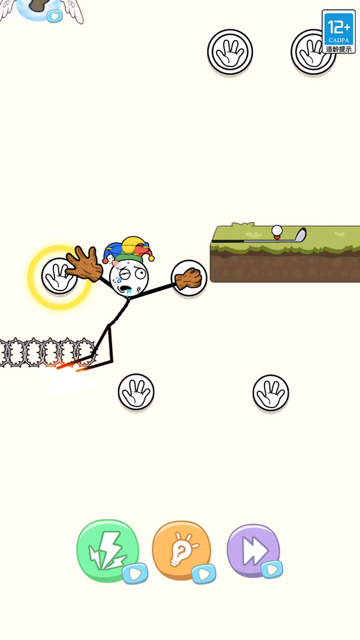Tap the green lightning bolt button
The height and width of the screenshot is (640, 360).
[107, 550]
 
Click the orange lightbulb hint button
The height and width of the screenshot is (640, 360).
[181, 551]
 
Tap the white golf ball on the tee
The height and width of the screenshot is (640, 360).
[277, 231]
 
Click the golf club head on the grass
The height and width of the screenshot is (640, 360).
[300, 235]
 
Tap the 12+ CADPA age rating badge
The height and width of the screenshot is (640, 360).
[338, 31]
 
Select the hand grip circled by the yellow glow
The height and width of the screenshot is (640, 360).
[59, 276]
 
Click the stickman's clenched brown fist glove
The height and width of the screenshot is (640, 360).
[188, 279]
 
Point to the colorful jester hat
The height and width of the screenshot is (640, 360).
[128, 249]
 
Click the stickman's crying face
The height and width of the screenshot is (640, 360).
[129, 277]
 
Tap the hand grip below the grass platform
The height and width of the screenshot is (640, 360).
[271, 393]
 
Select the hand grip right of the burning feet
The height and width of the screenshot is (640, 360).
[136, 391]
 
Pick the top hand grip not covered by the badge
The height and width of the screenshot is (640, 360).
[230, 52]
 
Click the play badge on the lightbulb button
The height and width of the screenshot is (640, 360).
[203, 573]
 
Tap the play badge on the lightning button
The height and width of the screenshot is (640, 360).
[135, 573]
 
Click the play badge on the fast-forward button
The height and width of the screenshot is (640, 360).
[272, 569]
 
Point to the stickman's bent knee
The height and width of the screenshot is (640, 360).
[109, 325]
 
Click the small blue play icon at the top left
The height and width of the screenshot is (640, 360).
[54, 16]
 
